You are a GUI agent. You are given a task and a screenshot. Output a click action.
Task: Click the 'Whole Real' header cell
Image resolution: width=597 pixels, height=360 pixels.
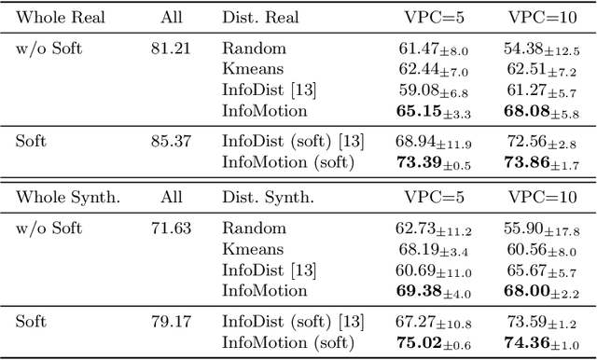pyautogui.click(x=58, y=18)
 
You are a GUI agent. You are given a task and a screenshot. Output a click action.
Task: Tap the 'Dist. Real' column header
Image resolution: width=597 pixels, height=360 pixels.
pyautogui.click(x=261, y=18)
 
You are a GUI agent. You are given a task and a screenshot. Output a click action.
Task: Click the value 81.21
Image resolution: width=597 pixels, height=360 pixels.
pyautogui.click(x=171, y=48)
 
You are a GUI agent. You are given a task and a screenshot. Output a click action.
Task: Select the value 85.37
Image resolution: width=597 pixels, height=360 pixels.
pyautogui.click(x=171, y=142)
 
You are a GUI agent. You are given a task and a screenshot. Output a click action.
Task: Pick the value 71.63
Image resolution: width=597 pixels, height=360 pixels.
pyautogui.click(x=171, y=228)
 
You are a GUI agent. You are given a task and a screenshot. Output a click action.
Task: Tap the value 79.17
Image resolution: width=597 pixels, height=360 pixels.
pyautogui.click(x=171, y=322)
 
